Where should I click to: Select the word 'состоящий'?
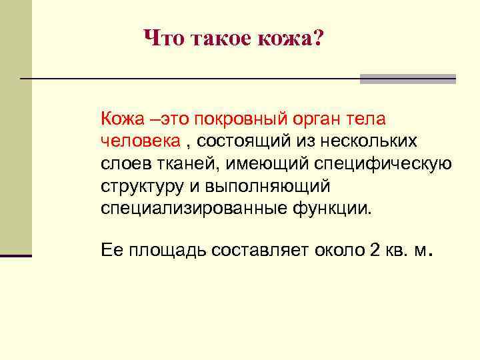click(238, 141)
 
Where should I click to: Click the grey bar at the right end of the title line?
click(407, 79)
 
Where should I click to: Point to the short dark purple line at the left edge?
click(16, 255)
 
